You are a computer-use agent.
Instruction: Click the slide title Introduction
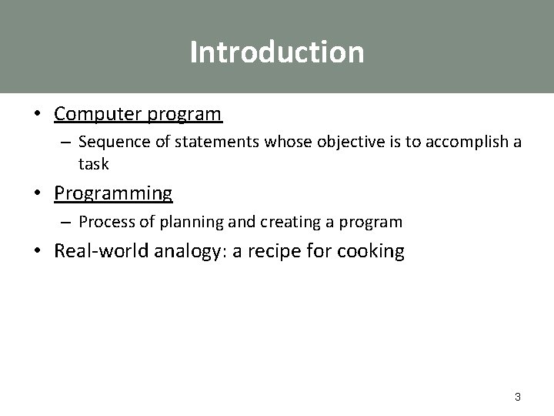point(277,52)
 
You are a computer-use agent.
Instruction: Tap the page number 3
point(517,397)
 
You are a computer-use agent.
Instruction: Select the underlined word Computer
point(92,114)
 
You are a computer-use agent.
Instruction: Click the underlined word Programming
point(113,192)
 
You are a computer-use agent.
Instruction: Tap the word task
point(94,163)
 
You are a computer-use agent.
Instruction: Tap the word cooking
point(369,252)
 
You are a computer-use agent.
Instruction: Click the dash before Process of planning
point(67,223)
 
